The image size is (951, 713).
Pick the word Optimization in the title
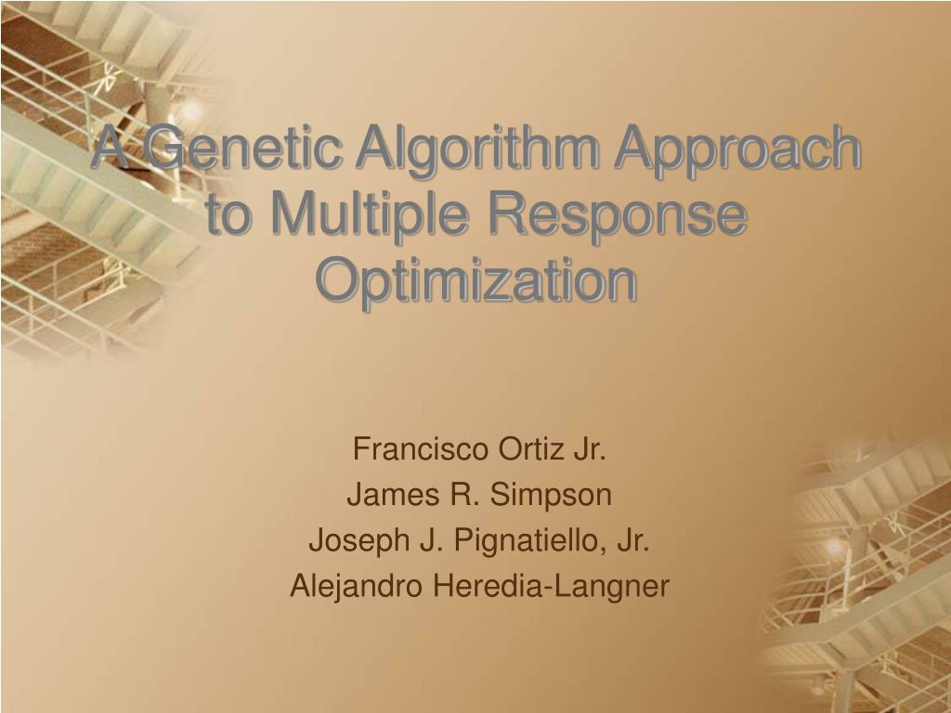(476, 280)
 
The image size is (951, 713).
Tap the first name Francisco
(421, 449)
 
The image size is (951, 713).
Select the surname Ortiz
(530, 449)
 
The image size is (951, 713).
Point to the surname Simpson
(550, 495)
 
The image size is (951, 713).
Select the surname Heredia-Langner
(551, 587)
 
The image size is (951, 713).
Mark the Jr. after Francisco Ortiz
(589, 449)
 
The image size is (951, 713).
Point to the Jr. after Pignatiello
(633, 540)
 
